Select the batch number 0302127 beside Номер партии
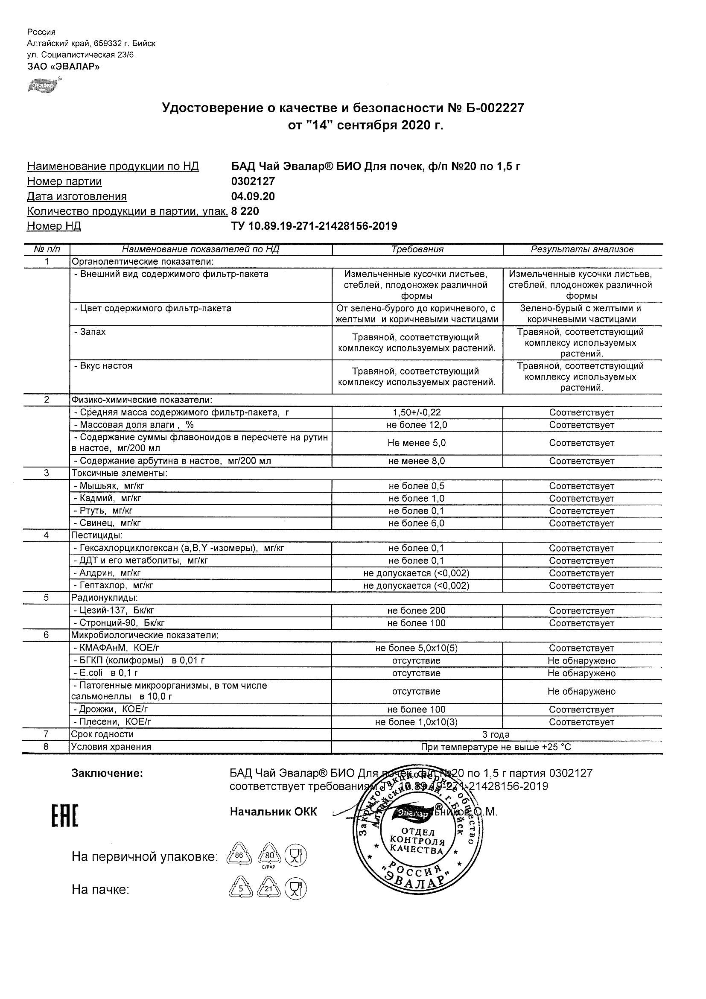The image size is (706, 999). point(253,181)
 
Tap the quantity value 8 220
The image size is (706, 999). point(245,211)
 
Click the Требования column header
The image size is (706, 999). point(417,250)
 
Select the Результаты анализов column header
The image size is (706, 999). point(582,250)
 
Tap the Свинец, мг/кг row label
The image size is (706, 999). point(107,523)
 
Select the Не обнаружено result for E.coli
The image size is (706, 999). point(582,673)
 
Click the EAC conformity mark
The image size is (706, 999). point(65,816)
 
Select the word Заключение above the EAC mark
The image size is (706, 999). point(107,773)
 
